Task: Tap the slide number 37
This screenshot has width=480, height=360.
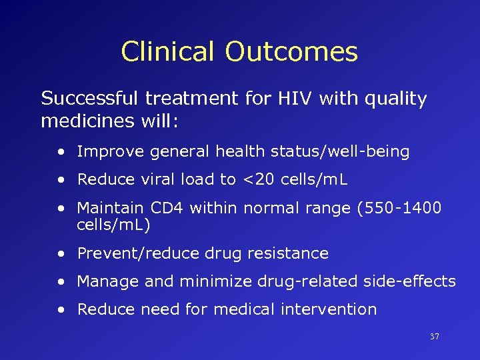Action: (x=435, y=337)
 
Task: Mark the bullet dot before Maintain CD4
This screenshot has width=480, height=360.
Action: (x=61, y=209)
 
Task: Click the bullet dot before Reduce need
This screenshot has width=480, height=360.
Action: (x=61, y=310)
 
